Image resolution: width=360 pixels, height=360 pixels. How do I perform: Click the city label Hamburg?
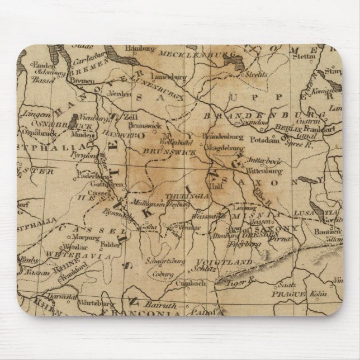(141, 48)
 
